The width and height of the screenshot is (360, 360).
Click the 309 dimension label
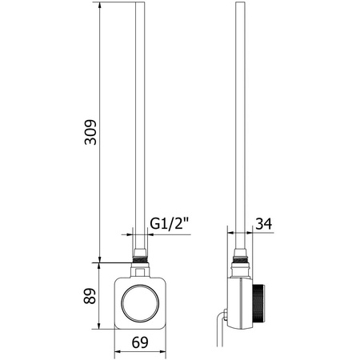[90, 133]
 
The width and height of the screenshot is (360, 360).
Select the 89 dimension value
[90, 296]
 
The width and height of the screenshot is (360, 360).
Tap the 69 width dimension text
[140, 342]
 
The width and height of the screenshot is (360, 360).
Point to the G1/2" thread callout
[170, 223]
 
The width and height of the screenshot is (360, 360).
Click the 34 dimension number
[264, 223]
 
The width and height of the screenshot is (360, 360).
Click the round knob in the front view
[140, 303]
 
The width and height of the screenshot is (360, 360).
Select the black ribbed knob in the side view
[258, 303]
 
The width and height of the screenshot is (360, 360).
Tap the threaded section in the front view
[140, 259]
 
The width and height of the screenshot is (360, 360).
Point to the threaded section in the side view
[240, 259]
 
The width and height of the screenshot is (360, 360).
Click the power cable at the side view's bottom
[220, 330]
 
